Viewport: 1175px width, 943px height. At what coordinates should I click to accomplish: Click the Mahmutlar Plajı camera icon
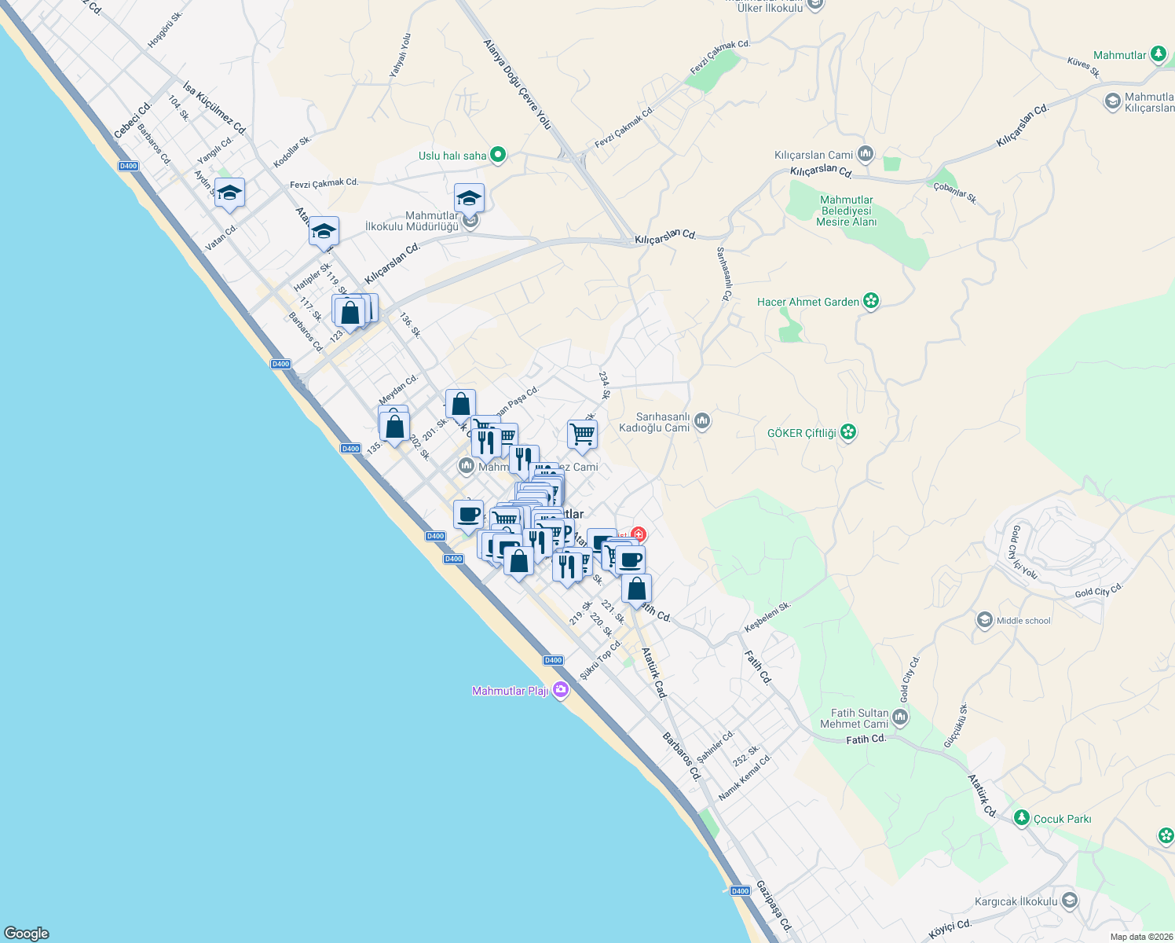pos(560,690)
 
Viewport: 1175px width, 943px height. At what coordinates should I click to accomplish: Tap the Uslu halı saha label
pos(452,156)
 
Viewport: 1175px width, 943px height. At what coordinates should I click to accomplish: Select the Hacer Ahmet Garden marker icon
pos(870,301)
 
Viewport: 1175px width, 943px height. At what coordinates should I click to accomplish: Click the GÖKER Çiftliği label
pos(801,433)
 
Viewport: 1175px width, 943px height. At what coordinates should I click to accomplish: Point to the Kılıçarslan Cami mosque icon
pos(866,154)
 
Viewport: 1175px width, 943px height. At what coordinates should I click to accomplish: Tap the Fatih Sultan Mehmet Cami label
pos(854,718)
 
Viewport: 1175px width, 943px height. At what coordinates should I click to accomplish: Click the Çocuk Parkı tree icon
pos(1021,818)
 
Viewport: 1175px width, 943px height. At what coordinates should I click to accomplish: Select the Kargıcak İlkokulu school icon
pos(1068,901)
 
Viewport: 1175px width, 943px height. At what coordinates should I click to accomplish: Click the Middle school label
pos(1023,621)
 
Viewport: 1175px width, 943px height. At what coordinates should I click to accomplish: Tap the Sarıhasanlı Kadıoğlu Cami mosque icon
pos(702,422)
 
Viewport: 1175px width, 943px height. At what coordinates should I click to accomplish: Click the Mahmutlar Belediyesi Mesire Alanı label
pos(846,211)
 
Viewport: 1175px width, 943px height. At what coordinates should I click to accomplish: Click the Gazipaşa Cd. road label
pos(774,905)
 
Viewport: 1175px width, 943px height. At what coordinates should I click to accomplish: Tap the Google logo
pos(27,933)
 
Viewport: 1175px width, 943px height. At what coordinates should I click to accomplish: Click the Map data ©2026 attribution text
pos(1141,937)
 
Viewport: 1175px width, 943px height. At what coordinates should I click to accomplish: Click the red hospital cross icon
pos(638,535)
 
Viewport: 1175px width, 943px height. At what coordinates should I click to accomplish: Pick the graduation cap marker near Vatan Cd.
pos(229,193)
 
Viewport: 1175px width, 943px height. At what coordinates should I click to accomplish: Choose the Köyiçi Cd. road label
pos(950,929)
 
